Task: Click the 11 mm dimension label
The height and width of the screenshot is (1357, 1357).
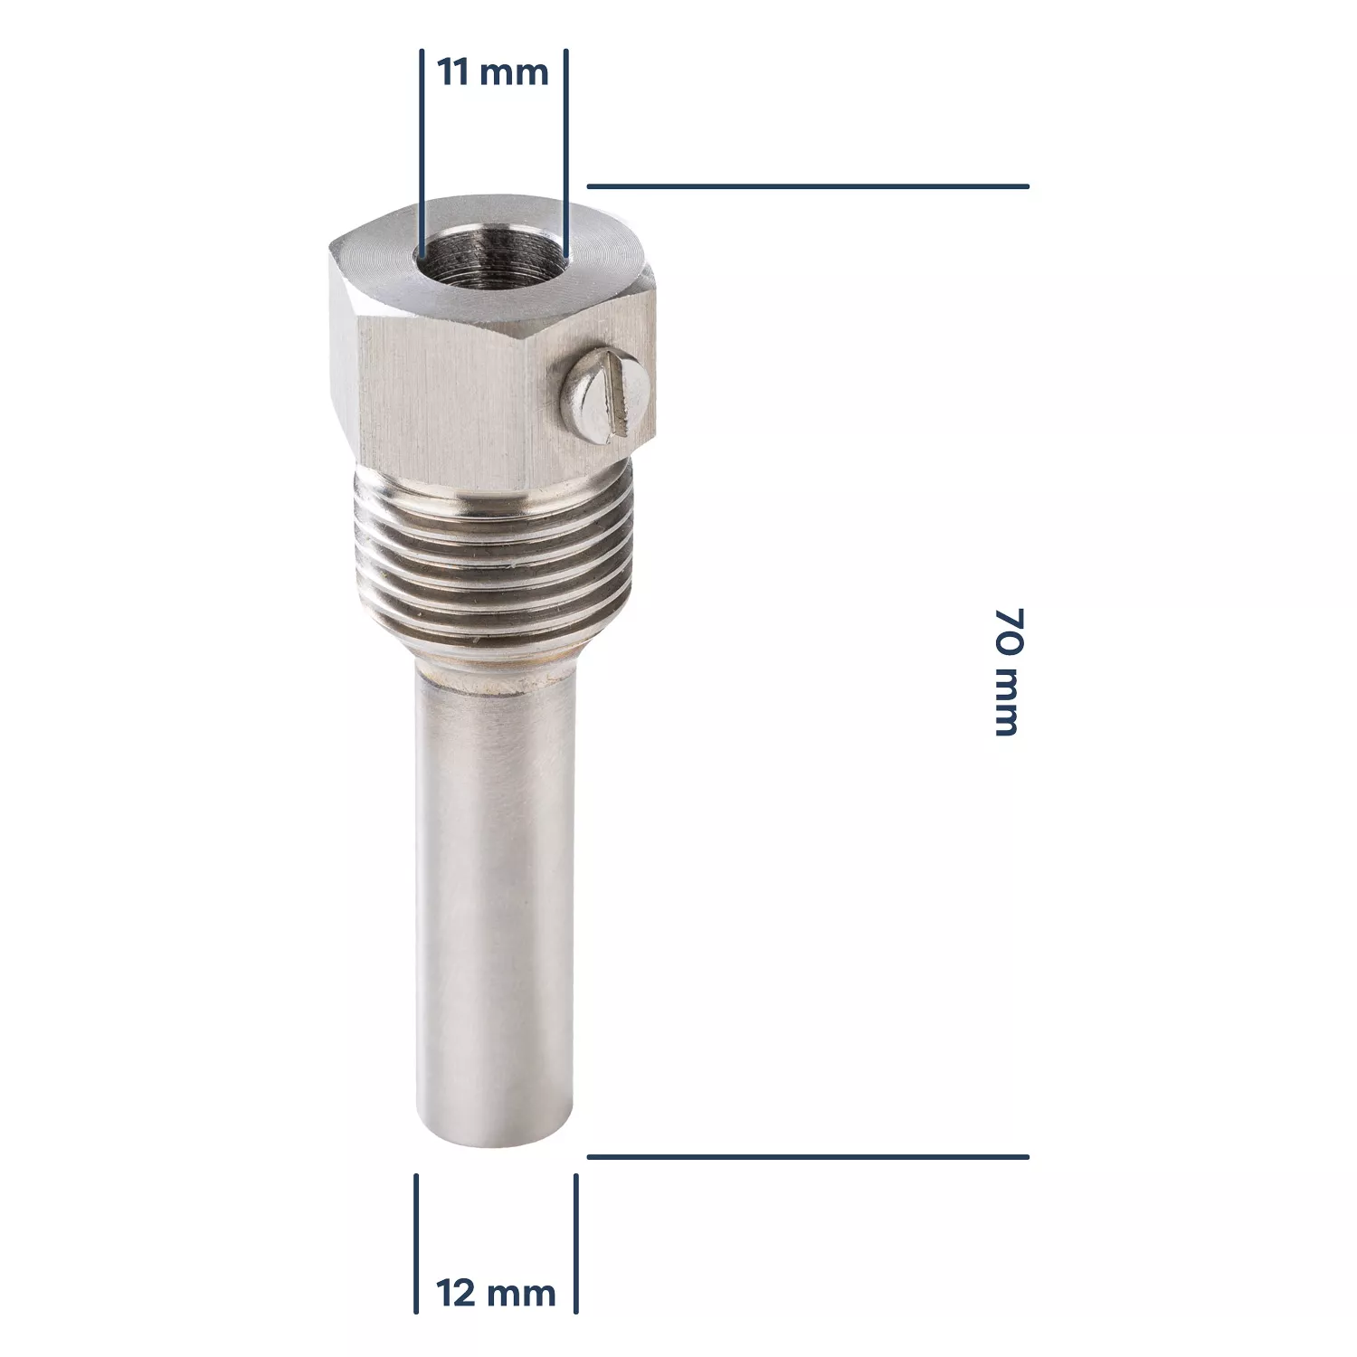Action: pyautogui.click(x=493, y=71)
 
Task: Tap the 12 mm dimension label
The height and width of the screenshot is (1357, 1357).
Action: pyautogui.click(x=496, y=1293)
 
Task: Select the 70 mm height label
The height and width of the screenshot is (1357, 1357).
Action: pyautogui.click(x=1007, y=672)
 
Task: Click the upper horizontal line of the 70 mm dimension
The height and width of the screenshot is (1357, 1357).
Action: pyautogui.click(x=808, y=186)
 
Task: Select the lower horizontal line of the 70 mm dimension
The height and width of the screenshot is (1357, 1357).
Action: pyautogui.click(x=808, y=1156)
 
